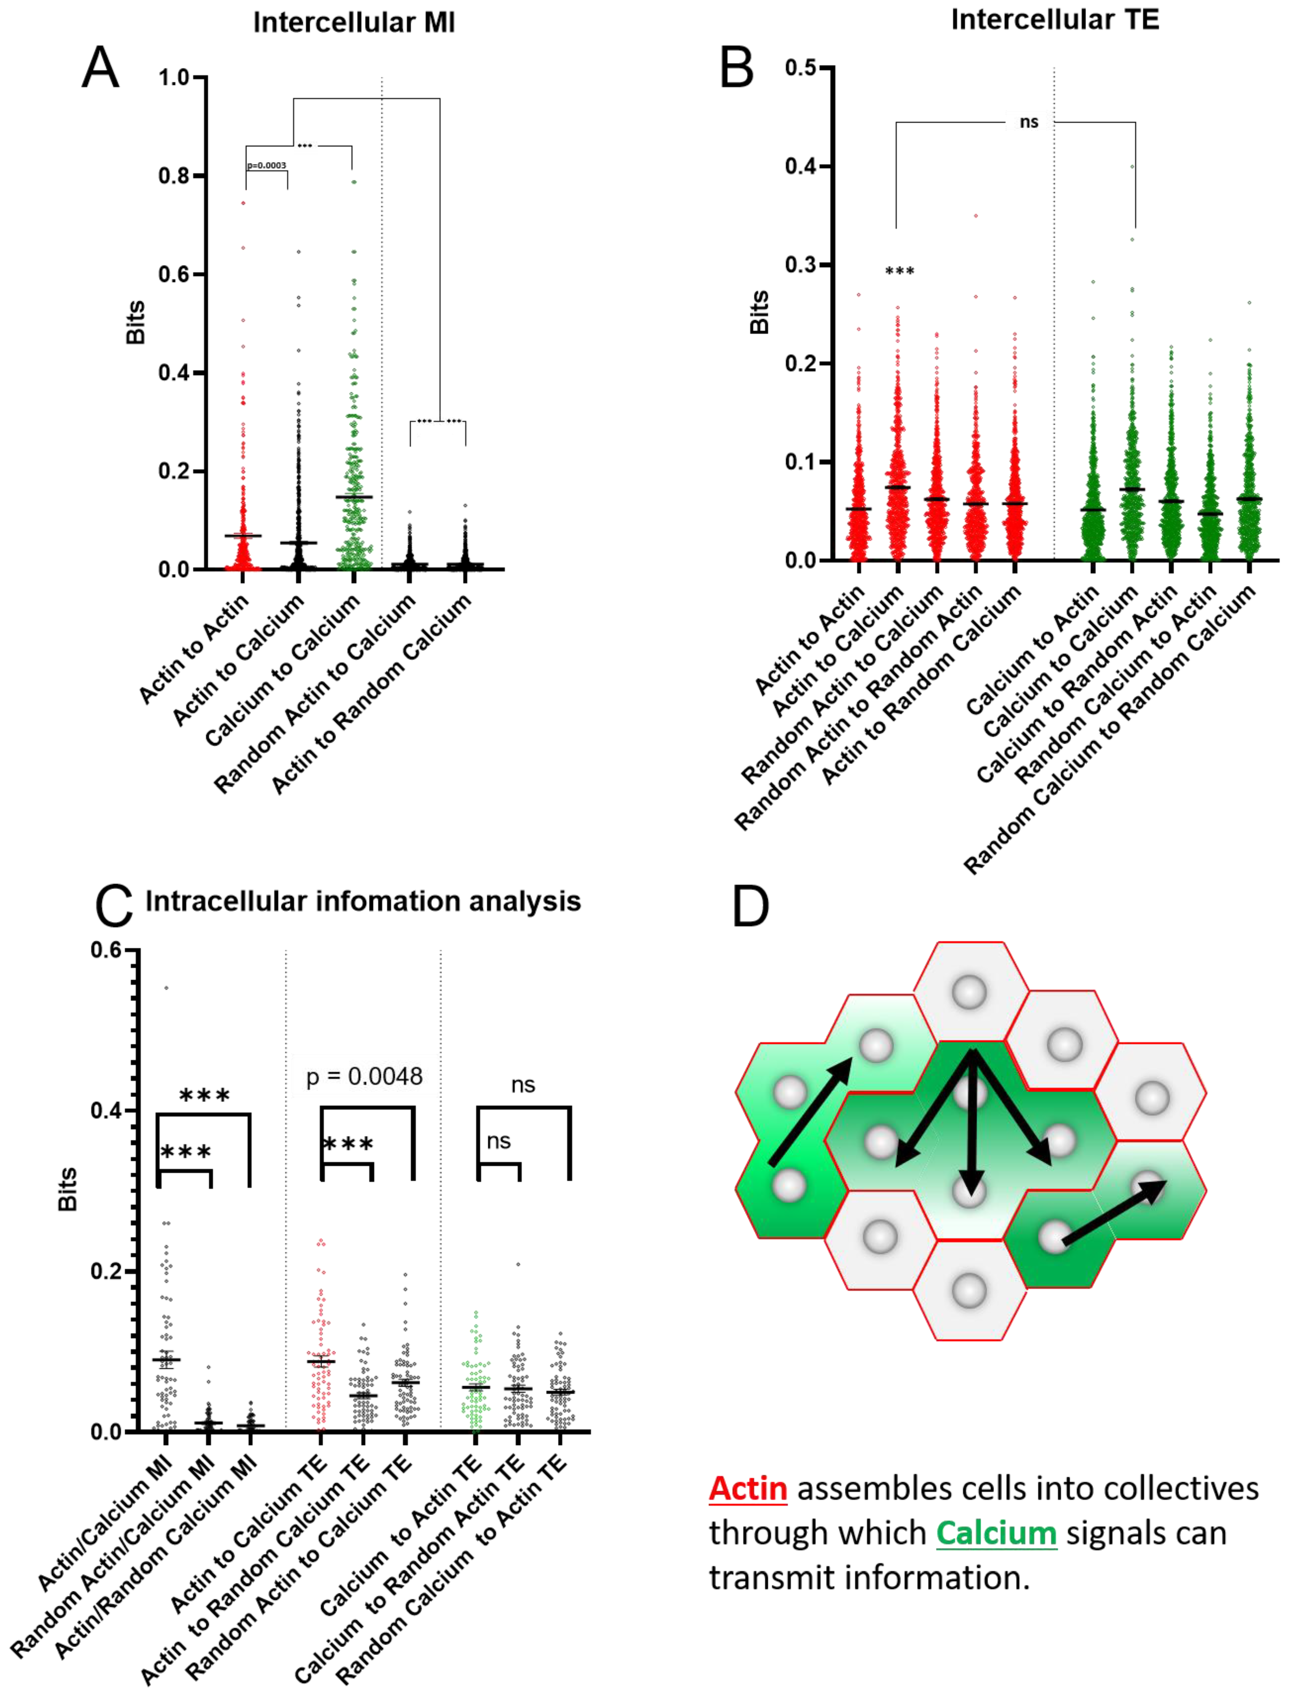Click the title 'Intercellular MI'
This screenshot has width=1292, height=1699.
[354, 23]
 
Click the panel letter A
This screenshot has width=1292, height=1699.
[101, 69]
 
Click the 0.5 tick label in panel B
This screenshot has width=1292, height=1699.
[800, 68]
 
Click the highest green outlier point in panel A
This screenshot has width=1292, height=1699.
[354, 182]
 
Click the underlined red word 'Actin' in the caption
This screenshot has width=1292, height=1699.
[748, 1488]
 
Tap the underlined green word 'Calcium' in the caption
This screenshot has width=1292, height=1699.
[996, 1533]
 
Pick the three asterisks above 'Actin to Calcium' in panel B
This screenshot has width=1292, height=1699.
[900, 271]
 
